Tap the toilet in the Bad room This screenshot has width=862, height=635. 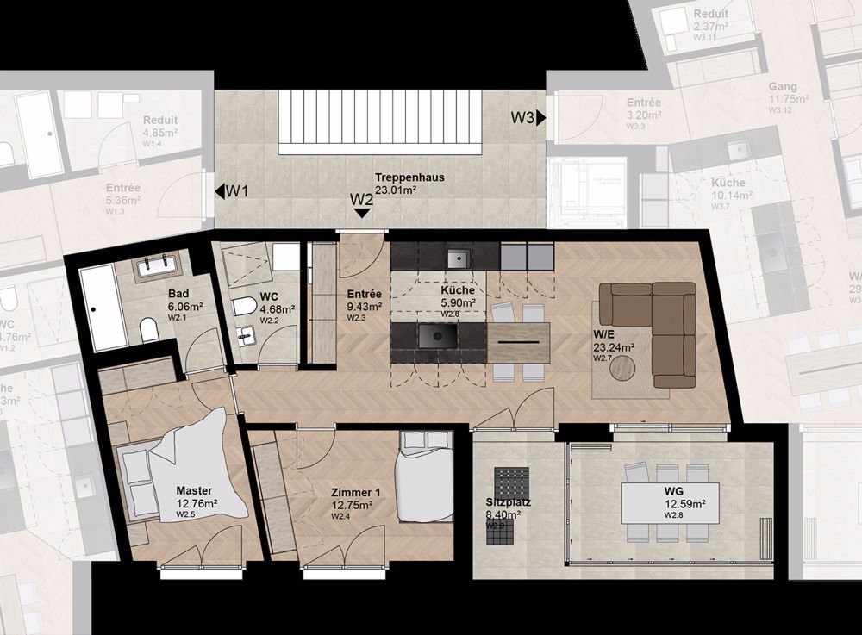(x=148, y=329)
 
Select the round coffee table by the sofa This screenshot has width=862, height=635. (x=627, y=368)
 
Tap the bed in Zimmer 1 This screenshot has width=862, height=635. (x=424, y=476)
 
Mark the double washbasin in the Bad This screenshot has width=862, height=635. (x=159, y=266)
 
